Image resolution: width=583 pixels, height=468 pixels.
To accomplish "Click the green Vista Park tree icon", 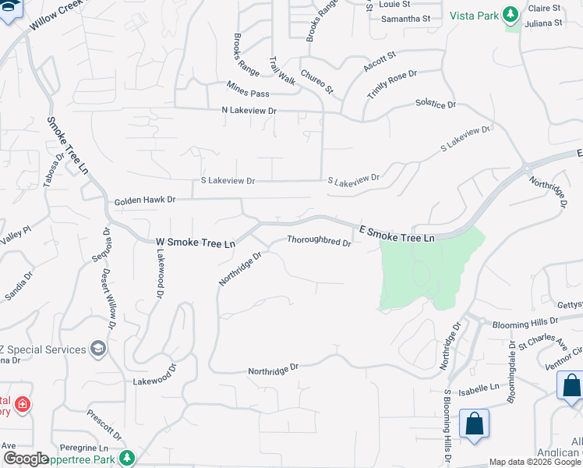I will click(x=511, y=15).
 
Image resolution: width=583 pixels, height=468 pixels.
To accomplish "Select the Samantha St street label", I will click(x=405, y=18).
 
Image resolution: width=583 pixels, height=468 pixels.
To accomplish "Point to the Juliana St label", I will click(x=544, y=23).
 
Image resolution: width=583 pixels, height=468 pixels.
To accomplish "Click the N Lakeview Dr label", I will click(x=249, y=111).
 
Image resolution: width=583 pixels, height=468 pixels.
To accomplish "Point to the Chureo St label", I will click(x=317, y=81).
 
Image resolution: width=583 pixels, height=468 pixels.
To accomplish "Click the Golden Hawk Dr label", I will click(x=145, y=200).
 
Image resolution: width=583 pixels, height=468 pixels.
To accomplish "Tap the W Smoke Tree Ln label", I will click(x=195, y=243).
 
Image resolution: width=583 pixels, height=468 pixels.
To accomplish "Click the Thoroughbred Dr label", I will click(x=319, y=241).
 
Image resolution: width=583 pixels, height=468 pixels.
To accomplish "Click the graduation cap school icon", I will click(x=98, y=349).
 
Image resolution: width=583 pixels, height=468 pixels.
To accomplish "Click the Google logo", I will click(x=26, y=459).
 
